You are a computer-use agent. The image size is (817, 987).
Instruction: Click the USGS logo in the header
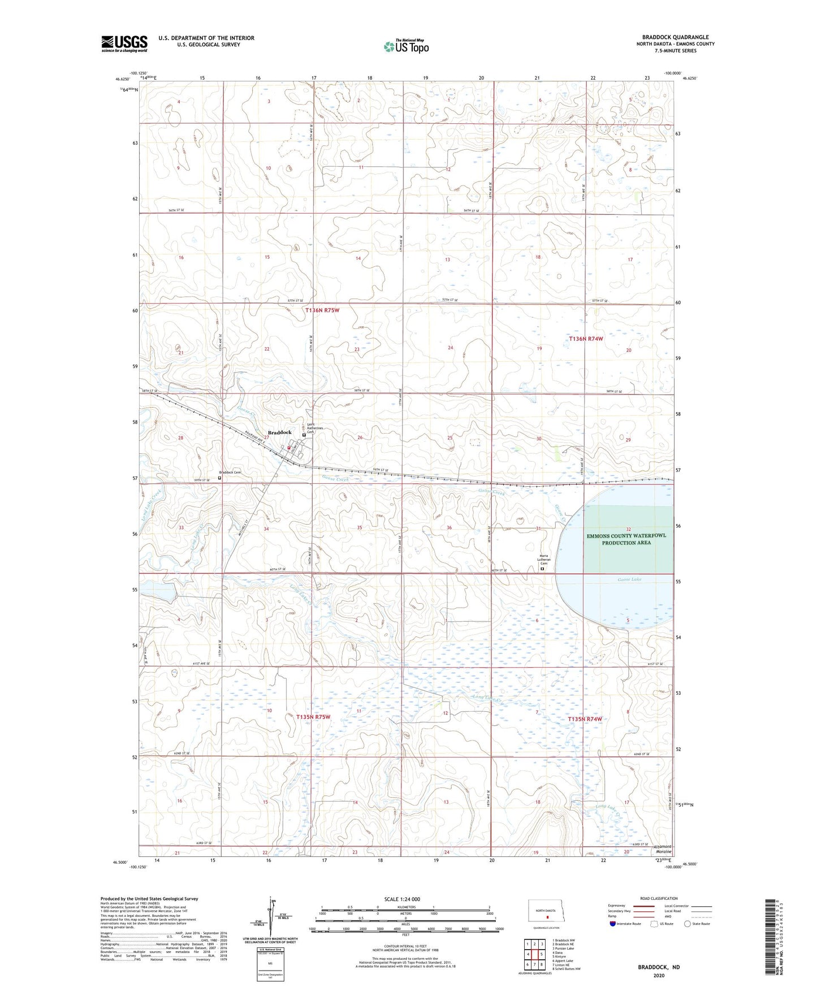[124, 44]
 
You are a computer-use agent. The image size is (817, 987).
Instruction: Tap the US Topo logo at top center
[405, 46]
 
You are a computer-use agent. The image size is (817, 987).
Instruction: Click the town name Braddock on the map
[279, 432]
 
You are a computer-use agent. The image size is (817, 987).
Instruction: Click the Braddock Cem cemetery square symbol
[220, 478]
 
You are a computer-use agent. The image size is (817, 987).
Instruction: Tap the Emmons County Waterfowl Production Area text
[626, 539]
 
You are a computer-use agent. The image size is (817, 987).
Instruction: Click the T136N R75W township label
[322, 310]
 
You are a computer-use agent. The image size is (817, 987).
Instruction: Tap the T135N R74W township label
[585, 719]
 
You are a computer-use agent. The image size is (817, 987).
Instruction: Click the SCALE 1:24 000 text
[402, 898]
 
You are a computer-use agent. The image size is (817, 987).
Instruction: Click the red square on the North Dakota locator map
[547, 917]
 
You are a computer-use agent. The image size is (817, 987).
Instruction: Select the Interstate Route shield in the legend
[613, 924]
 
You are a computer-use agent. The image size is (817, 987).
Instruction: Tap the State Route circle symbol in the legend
[688, 924]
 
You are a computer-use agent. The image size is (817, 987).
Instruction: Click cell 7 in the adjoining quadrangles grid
[534, 964]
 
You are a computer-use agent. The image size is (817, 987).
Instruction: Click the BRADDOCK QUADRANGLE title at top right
[675, 37]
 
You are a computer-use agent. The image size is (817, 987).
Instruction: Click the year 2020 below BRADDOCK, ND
[659, 975]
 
